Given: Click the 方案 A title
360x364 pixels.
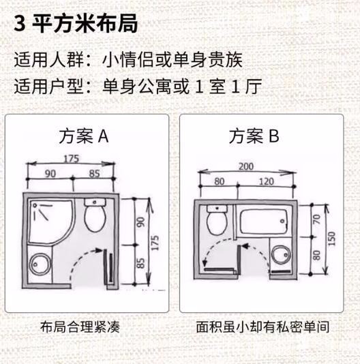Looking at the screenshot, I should (x=83, y=136).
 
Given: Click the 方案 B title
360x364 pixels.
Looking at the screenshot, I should (x=254, y=136).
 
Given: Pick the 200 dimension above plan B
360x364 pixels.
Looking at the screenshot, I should (x=247, y=166).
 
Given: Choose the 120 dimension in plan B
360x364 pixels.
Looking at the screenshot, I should (x=267, y=181).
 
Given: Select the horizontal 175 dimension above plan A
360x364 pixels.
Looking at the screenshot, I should (x=70, y=158).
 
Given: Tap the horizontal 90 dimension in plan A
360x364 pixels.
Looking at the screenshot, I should (x=50, y=173).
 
